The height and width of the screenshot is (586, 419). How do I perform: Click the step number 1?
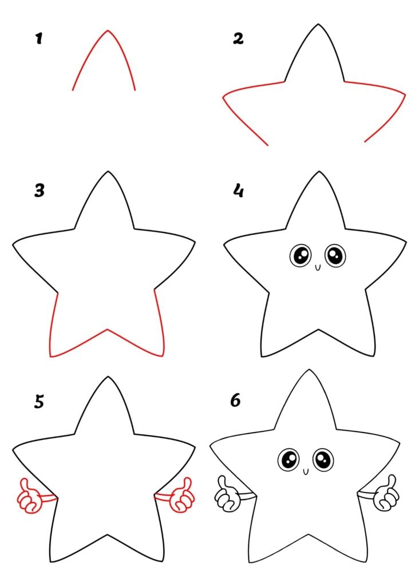39,38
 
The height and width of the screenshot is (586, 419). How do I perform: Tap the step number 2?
238,38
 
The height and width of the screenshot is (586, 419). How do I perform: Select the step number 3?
39,191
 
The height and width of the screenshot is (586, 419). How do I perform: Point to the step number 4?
238,191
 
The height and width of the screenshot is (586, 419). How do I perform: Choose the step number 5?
39,401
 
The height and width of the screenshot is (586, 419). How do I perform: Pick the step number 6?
235,400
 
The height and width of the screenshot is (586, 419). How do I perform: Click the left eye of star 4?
301,256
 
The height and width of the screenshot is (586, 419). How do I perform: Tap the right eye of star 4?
335,256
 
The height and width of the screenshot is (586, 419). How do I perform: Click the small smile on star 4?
318,267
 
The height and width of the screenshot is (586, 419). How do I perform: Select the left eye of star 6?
288,460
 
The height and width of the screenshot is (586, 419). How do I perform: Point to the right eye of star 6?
323,460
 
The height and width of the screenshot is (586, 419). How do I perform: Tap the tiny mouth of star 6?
306,472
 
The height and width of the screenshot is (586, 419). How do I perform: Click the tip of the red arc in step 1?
108,31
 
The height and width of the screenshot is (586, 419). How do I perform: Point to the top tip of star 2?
318,25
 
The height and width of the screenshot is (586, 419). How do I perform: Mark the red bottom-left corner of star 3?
51,356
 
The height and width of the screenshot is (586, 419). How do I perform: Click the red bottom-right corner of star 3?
163,355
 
